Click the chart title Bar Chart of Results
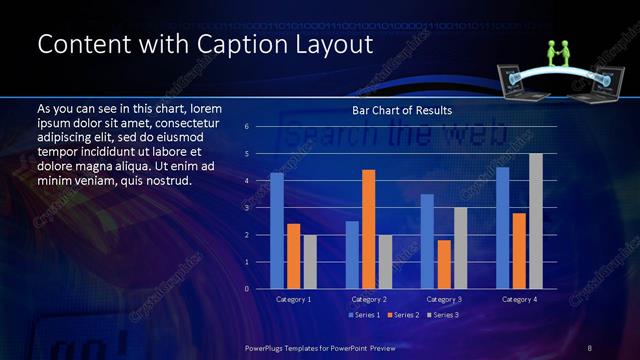(402, 110)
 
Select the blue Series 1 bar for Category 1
(277, 231)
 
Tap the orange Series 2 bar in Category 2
(368, 229)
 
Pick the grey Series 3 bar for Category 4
(536, 221)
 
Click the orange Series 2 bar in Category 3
(444, 264)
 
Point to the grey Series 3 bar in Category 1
(310, 262)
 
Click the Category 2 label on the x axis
(368, 299)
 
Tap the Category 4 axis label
(519, 299)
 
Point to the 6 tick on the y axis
(246, 127)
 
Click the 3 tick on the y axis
(246, 208)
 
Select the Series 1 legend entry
(362, 315)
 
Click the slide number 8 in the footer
(589, 347)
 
